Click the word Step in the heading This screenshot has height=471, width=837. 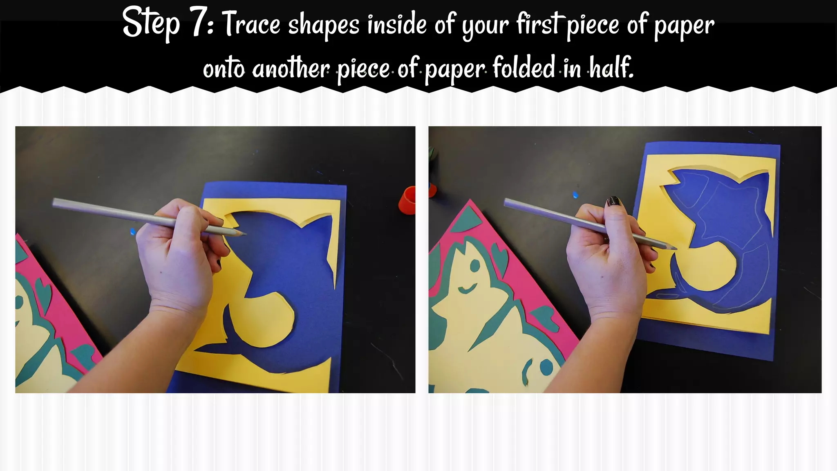pos(151,24)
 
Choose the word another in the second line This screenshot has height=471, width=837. pos(291,68)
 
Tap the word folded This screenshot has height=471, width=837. pos(524,67)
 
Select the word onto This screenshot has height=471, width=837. pos(224,68)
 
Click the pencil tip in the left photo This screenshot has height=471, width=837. pos(245,234)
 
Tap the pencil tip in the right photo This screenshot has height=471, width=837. pos(675,248)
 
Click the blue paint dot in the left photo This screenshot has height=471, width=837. pos(132,232)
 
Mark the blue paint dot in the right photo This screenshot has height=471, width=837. pos(576,195)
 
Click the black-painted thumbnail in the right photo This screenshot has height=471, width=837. pos(613,201)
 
